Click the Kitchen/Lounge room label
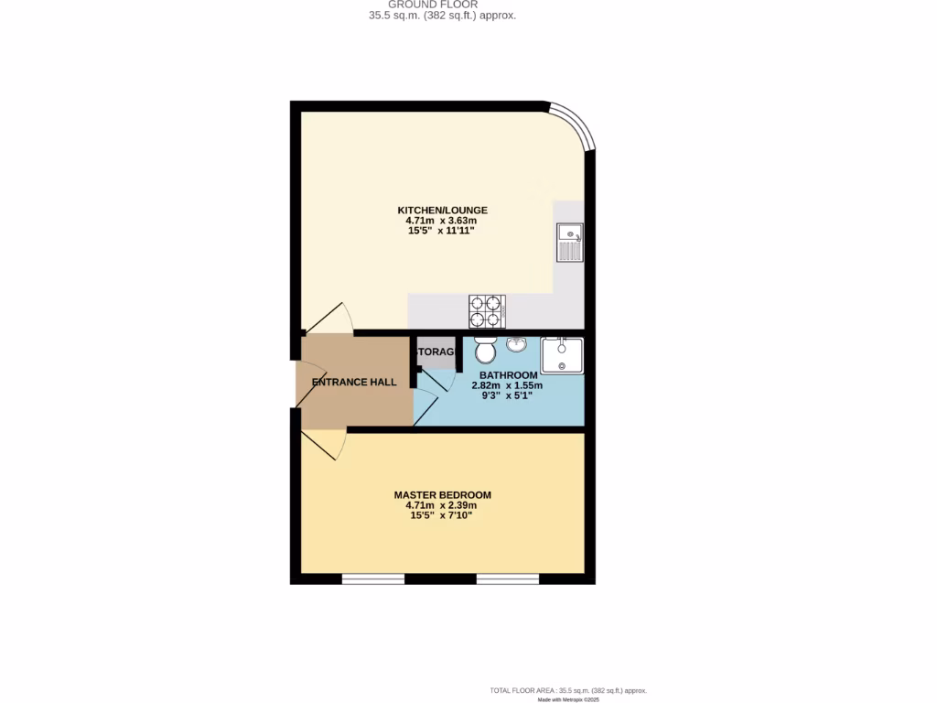[442, 210]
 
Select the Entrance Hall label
[354, 382]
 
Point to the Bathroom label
[508, 375]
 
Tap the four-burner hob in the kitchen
[487, 310]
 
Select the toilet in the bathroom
[485, 349]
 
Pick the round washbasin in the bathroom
[516, 345]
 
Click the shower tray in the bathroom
[562, 355]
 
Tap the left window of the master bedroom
[373, 578]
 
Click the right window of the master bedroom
[508, 578]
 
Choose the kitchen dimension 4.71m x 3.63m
[442, 221]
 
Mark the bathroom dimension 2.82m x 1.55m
[507, 385]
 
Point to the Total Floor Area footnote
[568, 690]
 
